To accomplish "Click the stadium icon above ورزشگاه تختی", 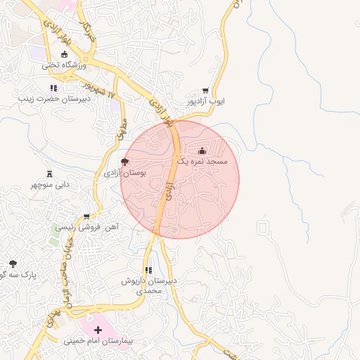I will point(65,54).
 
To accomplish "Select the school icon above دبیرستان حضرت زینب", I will point(53,88).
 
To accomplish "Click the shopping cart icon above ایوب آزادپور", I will point(205,91).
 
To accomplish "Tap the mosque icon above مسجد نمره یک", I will point(202,150).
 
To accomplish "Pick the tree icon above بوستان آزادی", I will point(125,162).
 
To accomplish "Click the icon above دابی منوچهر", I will point(49,174).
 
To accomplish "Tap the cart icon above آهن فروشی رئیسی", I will point(86,217).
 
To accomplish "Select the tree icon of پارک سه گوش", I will point(13,264).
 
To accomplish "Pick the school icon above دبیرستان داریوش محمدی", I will point(148,270).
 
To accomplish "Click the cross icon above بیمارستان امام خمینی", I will point(98,330).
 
